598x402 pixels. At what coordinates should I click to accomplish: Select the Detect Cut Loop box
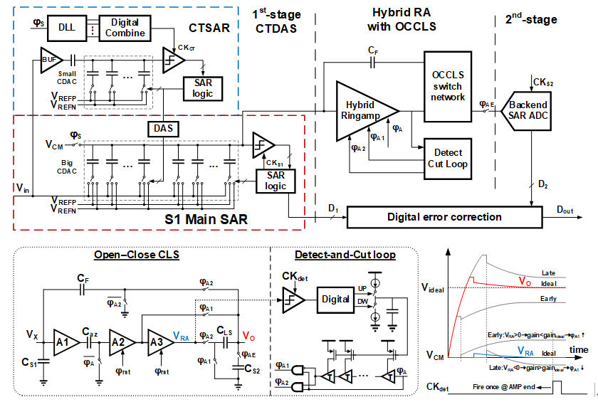coord(447,157)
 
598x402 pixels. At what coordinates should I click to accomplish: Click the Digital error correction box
coord(434,216)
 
